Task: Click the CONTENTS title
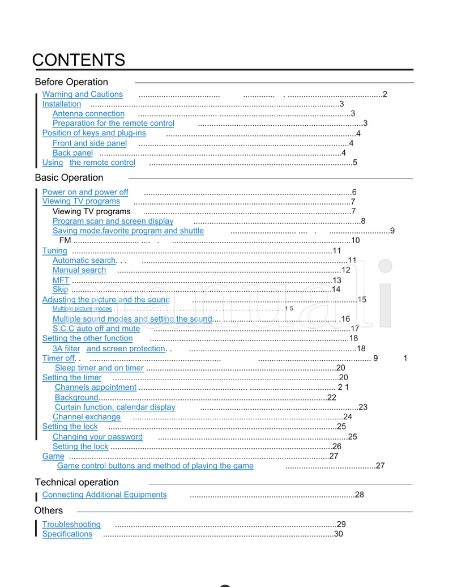79,60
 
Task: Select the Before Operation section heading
71,82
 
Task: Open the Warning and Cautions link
83,95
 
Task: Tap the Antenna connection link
88,114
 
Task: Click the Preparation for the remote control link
113,124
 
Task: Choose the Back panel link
72,153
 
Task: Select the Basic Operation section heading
69,178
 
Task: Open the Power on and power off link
86,193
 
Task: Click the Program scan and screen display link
113,222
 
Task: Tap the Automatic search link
84,261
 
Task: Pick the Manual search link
79,270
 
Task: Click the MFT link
61,280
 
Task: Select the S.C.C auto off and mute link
96,329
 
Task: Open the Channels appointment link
96,388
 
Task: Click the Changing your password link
97,437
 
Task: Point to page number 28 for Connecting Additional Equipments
360,495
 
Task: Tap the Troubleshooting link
71,525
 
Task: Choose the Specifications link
67,534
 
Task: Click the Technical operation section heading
77,483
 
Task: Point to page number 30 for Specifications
339,534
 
